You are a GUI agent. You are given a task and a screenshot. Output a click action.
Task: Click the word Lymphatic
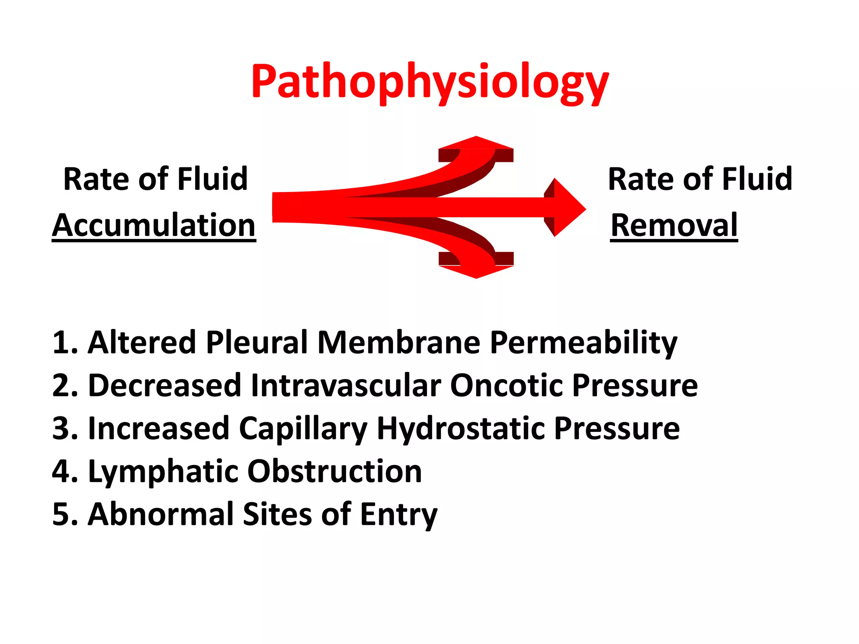(x=163, y=472)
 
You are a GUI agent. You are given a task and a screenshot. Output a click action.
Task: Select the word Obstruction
(x=334, y=471)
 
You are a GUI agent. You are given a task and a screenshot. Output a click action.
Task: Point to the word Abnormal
(x=161, y=514)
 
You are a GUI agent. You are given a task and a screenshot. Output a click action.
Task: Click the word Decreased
(x=164, y=385)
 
